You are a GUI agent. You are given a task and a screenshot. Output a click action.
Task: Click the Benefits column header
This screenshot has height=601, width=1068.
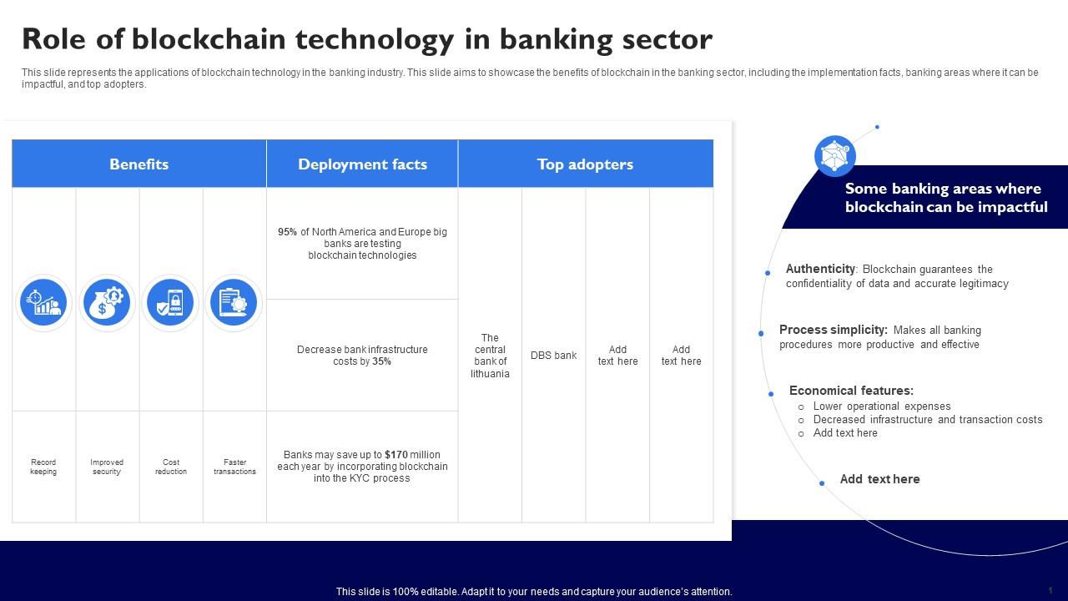139,164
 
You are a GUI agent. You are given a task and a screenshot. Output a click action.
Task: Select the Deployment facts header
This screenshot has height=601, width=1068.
362,164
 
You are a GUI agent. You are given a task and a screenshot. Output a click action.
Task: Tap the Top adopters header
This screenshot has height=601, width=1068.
585,164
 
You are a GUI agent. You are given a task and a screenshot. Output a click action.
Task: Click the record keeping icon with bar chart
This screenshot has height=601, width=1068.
43,302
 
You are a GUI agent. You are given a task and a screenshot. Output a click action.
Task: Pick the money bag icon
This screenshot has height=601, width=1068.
107,302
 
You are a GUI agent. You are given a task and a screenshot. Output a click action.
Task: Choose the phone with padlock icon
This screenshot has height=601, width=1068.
170,302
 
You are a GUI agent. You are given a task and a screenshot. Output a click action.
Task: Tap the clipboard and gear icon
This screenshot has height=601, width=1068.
234,302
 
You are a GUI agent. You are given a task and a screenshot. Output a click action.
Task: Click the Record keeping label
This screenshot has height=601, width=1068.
43,467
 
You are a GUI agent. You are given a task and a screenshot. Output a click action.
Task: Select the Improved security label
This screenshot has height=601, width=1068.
107,467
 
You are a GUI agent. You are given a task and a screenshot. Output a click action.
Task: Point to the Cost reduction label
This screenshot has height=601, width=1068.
171,467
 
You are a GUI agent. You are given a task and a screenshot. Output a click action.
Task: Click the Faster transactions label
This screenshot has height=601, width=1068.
234,467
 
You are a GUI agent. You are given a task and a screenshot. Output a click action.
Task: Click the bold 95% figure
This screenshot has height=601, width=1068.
287,232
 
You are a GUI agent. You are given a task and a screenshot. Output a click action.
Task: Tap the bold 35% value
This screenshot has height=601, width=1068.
381,361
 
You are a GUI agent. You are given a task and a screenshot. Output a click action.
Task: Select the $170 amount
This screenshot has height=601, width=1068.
396,455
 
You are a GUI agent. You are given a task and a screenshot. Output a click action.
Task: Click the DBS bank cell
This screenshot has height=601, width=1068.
553,356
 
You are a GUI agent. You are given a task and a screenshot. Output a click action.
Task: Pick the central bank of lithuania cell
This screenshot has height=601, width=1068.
490,356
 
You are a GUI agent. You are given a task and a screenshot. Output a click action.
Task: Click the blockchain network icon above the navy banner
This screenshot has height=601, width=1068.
835,156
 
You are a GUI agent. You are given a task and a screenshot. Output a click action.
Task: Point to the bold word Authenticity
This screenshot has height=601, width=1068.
820,269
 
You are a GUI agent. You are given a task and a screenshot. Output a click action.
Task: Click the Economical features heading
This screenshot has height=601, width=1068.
851,391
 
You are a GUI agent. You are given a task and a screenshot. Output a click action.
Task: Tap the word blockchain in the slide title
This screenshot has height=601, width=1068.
209,39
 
